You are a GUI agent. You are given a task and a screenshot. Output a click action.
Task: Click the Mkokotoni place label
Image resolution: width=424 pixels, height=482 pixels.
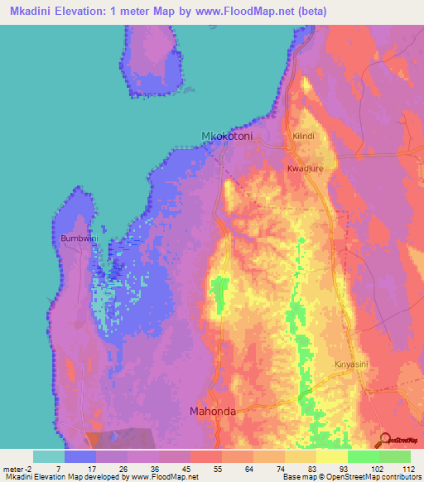point(227,136)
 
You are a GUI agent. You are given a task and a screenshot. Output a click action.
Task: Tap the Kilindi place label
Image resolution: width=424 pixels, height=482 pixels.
point(304,135)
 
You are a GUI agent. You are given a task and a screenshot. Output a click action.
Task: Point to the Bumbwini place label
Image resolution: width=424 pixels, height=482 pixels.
point(79,239)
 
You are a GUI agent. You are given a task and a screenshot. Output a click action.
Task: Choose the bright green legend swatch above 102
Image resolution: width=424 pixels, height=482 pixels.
point(362,456)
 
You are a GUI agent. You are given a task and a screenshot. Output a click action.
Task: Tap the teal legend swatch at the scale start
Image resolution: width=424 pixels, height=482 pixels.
point(49,456)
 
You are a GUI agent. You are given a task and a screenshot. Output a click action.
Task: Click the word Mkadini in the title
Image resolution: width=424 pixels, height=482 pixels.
point(37,12)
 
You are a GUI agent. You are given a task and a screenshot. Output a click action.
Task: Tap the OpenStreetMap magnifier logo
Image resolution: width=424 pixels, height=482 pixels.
point(383,439)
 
